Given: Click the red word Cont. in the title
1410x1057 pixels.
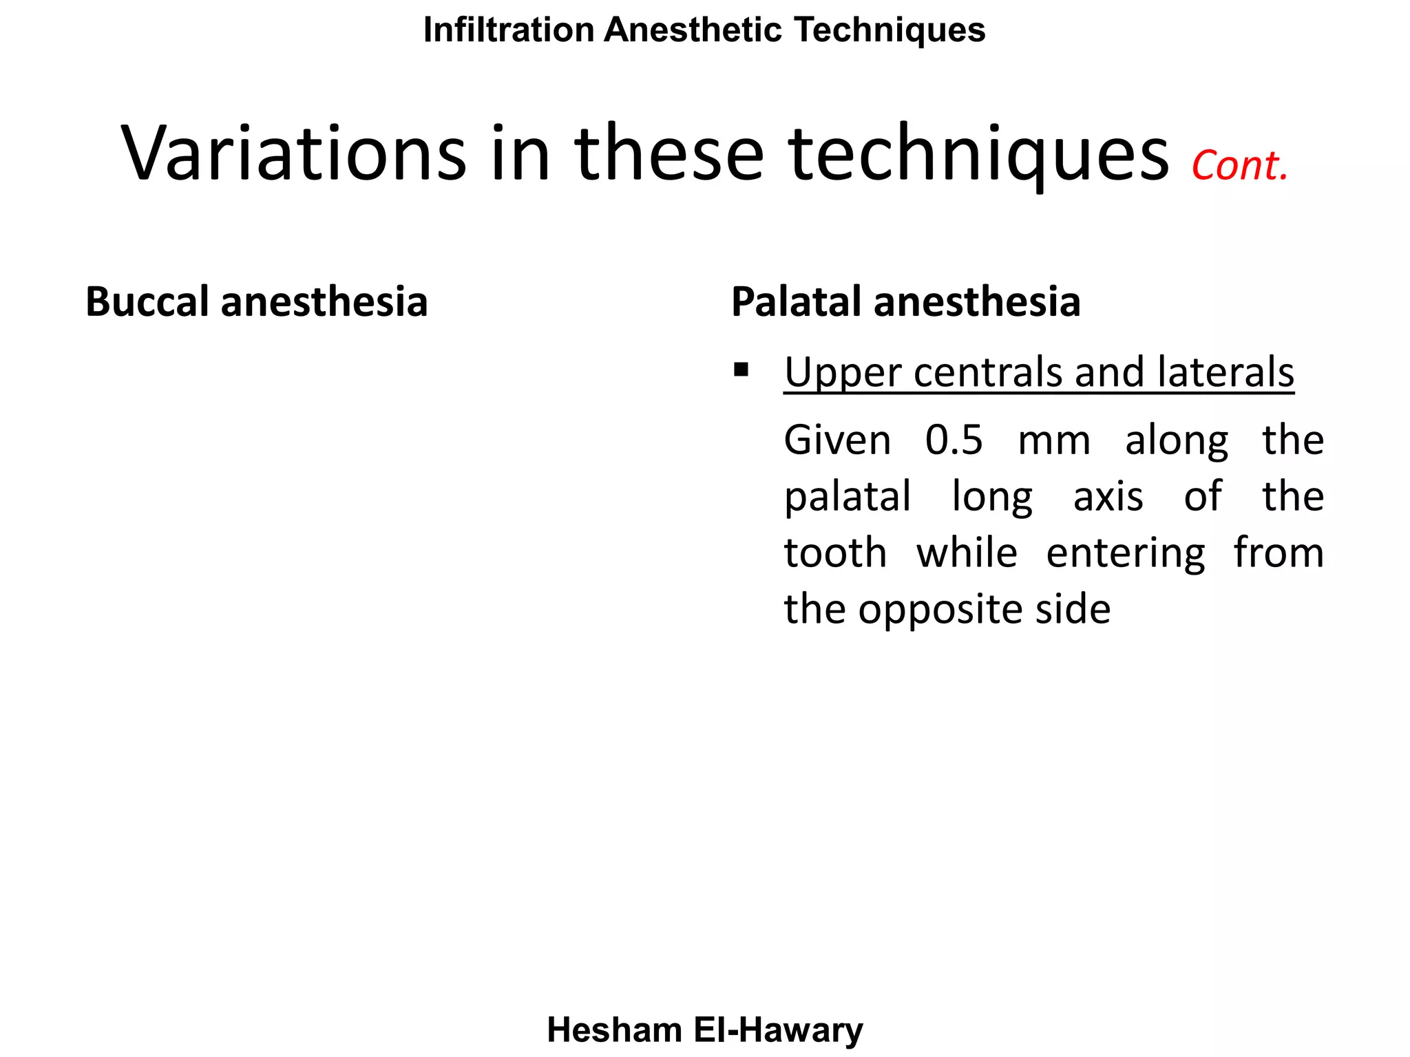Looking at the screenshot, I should [x=1239, y=167].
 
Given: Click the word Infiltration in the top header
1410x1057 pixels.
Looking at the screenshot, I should [x=509, y=30].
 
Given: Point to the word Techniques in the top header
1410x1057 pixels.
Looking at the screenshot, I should [x=890, y=30].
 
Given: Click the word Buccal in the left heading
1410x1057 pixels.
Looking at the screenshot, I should [x=147, y=302].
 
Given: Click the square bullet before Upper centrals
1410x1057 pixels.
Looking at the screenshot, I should [x=741, y=371].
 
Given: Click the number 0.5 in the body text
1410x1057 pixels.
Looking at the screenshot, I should [x=954, y=440].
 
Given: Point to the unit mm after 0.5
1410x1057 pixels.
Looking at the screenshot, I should [x=1053, y=441].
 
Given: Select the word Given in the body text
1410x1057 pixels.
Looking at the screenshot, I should [x=837, y=440].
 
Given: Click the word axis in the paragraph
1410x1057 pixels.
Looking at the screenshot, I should [x=1108, y=496].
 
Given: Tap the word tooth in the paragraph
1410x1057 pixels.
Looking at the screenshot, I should [x=835, y=553].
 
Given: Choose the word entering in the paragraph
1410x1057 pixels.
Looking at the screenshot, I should [x=1126, y=554].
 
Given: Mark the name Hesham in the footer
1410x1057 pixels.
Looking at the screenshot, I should [x=614, y=1030].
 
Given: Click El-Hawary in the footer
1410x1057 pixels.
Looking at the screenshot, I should [x=778, y=1030].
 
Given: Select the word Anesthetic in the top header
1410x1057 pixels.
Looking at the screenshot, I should [x=693, y=30].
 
